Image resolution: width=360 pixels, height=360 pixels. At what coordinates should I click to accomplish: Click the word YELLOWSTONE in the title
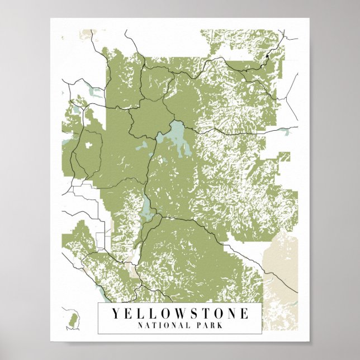(179, 314)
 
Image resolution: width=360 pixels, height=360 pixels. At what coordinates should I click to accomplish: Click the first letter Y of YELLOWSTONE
(115, 314)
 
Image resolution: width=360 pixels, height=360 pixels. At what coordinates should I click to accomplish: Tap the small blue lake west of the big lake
(143, 146)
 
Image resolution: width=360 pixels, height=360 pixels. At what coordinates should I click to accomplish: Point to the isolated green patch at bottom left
(72, 321)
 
